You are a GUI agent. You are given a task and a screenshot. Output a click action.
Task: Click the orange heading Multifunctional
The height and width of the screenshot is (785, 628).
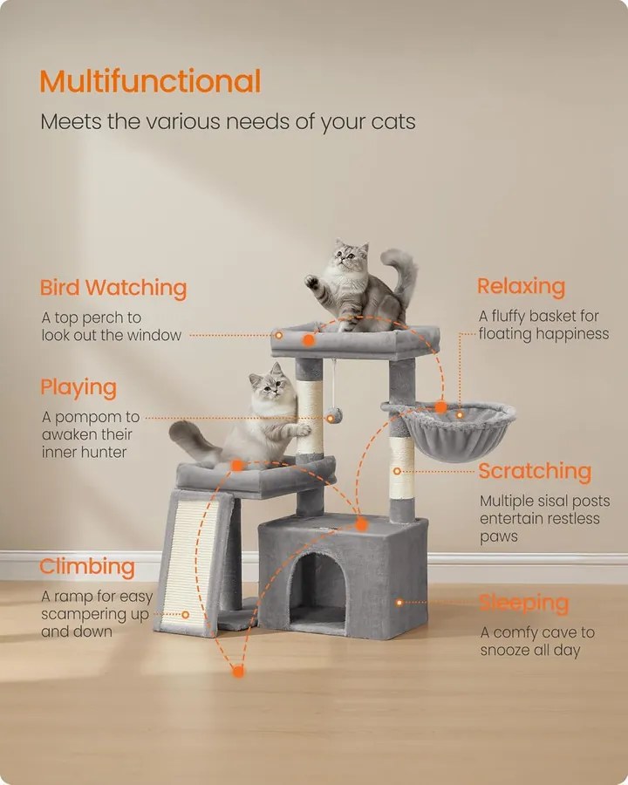[150, 81]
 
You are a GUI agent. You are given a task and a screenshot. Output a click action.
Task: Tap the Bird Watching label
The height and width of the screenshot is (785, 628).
[113, 288]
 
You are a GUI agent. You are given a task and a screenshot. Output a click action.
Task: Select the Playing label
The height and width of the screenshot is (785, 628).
[78, 388]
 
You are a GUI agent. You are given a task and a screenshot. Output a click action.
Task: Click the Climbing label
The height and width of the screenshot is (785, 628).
[87, 567]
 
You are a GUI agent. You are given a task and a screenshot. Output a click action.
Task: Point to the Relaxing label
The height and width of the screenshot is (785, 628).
[522, 286]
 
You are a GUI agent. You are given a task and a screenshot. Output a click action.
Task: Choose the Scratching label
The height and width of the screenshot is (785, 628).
[535, 471]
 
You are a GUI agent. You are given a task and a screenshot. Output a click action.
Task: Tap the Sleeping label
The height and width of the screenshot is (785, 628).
[524, 604]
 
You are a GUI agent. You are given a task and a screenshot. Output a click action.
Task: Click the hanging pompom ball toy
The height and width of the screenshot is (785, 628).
[334, 415]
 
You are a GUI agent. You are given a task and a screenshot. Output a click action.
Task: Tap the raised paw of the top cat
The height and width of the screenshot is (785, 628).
[311, 282]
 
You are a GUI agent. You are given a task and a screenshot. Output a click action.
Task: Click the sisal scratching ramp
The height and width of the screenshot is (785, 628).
[192, 564]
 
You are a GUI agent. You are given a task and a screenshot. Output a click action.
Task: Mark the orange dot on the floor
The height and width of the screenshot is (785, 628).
[238, 671]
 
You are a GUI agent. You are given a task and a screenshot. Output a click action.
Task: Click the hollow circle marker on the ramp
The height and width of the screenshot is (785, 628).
[185, 614]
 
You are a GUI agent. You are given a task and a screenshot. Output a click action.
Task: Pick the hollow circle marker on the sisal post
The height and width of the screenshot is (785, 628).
[397, 471]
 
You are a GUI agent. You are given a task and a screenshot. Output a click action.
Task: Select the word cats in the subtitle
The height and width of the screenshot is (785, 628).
[393, 121]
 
